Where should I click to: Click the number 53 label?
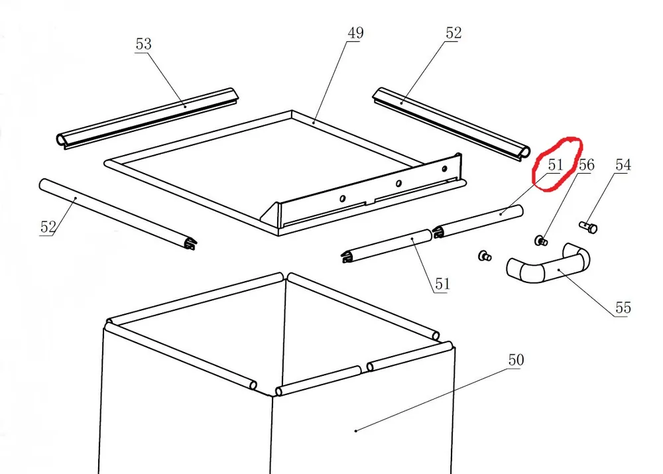point(143,44)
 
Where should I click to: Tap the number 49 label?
point(355,33)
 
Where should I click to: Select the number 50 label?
point(516,360)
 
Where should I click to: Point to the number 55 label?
point(623,308)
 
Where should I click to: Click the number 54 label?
point(623,165)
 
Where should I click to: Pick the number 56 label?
point(587,165)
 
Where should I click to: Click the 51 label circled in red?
point(556,165)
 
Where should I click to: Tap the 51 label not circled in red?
point(442,284)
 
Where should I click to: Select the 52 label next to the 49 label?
point(453,33)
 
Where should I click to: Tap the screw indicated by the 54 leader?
point(588,227)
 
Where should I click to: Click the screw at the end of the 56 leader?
point(541,241)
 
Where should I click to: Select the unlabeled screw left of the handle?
point(485,255)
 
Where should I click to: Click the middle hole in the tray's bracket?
point(398,184)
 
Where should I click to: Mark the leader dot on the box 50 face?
point(356,431)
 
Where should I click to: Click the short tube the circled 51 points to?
point(478,221)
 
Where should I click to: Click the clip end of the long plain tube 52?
point(191,243)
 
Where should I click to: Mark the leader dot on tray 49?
point(314,122)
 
